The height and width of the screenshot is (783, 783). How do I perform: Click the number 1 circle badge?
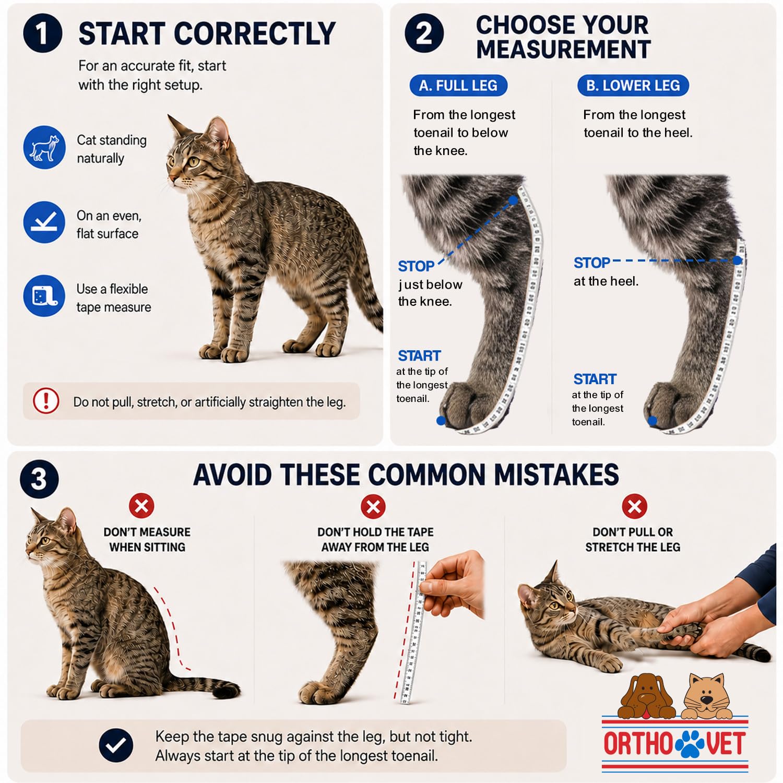43,33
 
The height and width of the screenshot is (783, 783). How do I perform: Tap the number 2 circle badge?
424,33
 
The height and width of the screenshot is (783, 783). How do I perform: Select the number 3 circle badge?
40,479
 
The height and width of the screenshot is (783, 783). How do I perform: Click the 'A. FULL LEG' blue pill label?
458,86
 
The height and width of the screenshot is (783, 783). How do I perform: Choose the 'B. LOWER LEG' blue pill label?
633,86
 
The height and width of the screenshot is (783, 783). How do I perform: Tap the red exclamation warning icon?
46,401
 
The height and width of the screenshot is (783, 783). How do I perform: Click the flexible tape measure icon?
44,296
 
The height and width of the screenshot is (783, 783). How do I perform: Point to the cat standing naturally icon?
44,147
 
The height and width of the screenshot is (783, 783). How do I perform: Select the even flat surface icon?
44,222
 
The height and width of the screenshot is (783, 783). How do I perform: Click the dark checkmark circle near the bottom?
116,745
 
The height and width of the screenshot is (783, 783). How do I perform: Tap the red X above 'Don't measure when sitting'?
141,506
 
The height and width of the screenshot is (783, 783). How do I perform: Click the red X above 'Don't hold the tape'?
373,506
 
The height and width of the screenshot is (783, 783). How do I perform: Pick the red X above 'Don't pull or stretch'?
635,506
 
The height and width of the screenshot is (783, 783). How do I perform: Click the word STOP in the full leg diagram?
416,266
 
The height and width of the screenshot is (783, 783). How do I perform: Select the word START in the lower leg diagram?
595,379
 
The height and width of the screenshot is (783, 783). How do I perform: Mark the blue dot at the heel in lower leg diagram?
737,260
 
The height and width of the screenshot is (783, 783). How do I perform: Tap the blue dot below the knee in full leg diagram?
513,200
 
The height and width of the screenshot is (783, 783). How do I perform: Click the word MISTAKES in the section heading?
556,475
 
